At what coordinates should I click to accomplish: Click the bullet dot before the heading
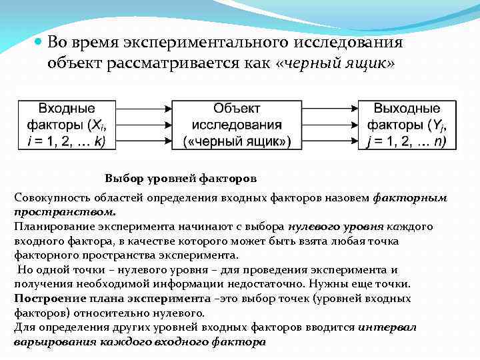[x=38, y=41]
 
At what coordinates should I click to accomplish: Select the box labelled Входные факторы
[x=66, y=124]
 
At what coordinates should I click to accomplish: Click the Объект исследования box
[x=237, y=124]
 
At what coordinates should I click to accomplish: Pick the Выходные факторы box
[x=407, y=124]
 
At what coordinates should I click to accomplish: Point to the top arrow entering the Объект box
[x=144, y=108]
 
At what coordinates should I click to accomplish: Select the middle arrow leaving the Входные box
[x=144, y=124]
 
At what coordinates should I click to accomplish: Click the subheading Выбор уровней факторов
[x=181, y=179]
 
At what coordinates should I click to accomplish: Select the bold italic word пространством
[x=64, y=213]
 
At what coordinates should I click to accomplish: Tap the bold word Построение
[x=43, y=299]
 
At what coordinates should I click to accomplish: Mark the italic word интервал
[x=388, y=327]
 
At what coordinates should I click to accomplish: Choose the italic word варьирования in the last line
[x=47, y=342]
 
